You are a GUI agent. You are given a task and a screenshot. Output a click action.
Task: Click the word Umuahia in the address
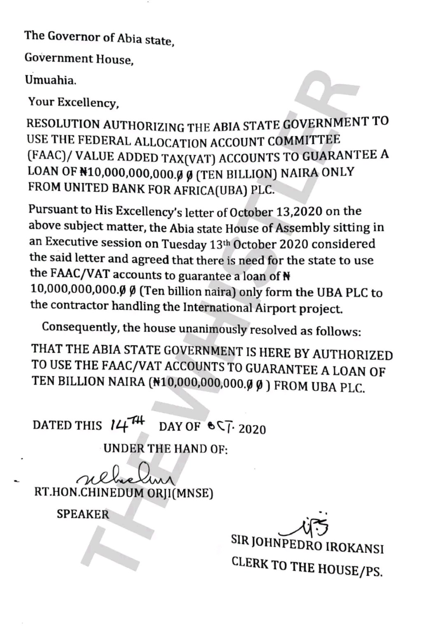click(50, 79)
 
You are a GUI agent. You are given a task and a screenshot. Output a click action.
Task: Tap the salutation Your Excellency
click(73, 102)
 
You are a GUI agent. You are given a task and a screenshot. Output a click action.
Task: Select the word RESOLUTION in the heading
click(63, 124)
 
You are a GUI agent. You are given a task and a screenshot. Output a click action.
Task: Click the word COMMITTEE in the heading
click(305, 140)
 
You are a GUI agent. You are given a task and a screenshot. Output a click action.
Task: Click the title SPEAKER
click(83, 514)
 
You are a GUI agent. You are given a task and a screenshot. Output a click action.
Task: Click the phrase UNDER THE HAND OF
click(166, 448)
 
